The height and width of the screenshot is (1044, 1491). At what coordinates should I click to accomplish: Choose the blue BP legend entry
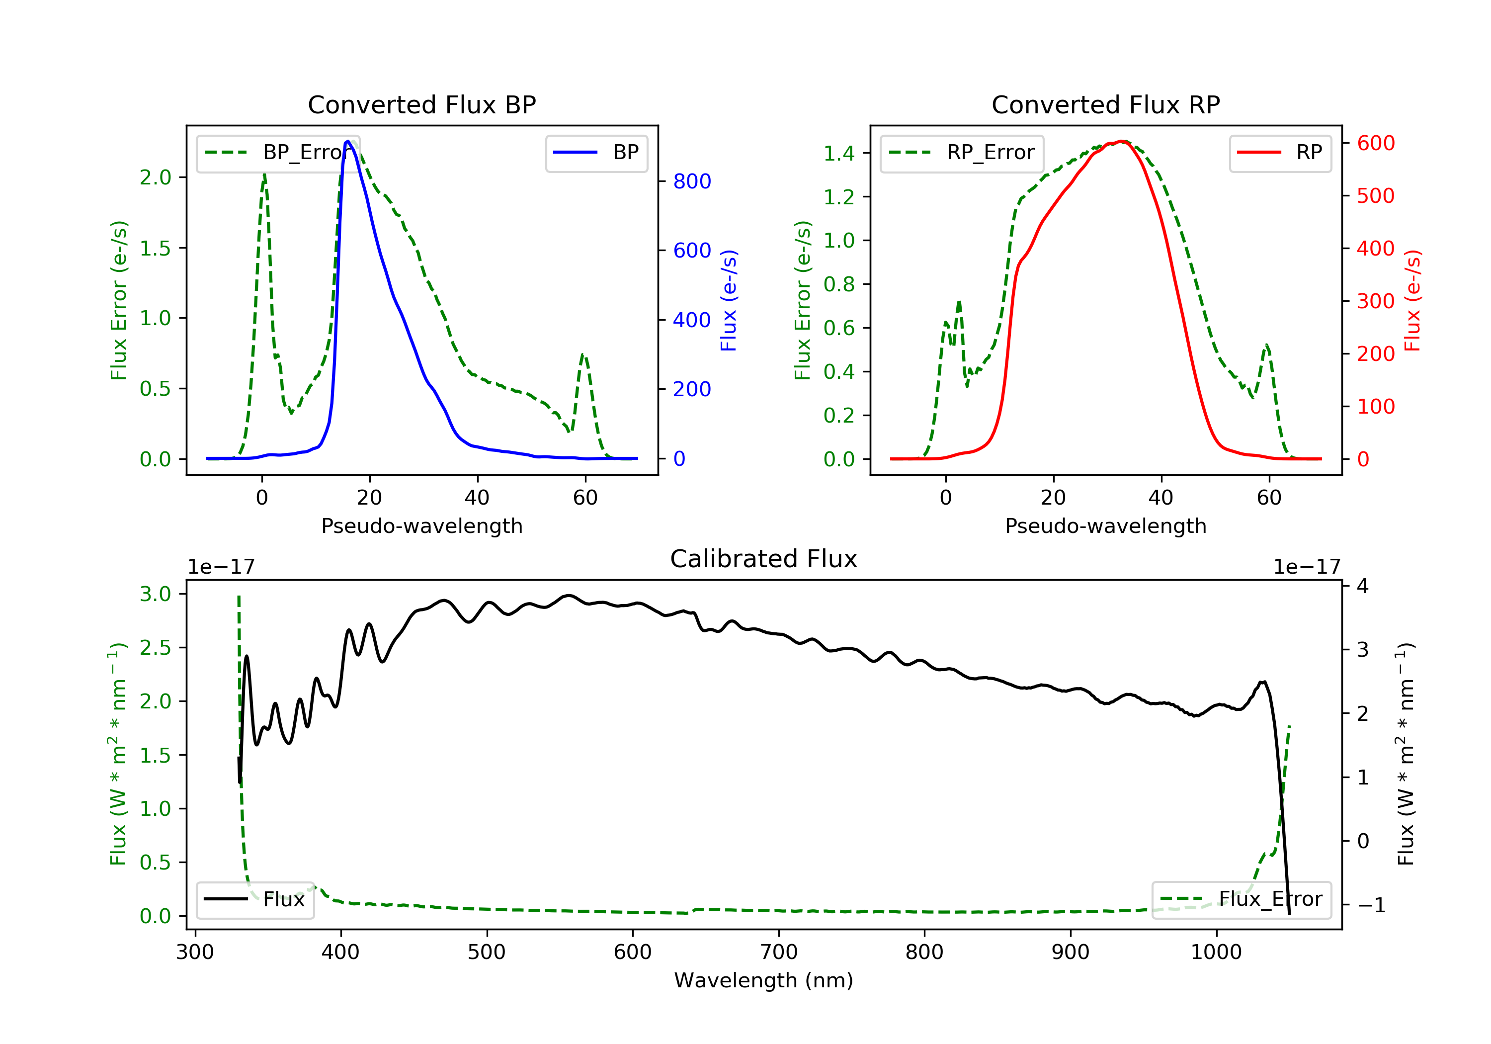click(x=597, y=153)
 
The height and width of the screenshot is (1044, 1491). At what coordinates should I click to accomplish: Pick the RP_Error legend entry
click(x=962, y=153)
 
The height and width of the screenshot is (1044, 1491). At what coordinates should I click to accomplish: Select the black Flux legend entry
click(x=254, y=899)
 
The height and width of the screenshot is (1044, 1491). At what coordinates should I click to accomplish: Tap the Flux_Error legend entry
click(x=1241, y=899)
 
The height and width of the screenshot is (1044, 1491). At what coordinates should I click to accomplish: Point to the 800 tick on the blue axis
click(x=692, y=181)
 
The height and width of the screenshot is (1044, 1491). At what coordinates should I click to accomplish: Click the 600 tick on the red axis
click(x=1375, y=143)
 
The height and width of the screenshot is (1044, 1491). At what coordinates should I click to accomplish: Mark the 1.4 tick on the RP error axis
click(x=839, y=153)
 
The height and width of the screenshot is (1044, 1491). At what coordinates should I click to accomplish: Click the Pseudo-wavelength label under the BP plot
click(x=421, y=525)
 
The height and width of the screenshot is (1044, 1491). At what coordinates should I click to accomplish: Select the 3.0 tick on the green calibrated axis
click(x=155, y=594)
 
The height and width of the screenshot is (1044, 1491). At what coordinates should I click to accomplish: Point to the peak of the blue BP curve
click(x=348, y=141)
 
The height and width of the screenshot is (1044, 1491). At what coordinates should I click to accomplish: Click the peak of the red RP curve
click(x=1122, y=141)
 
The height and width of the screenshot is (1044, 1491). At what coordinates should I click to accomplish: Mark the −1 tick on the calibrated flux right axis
click(x=1371, y=905)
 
